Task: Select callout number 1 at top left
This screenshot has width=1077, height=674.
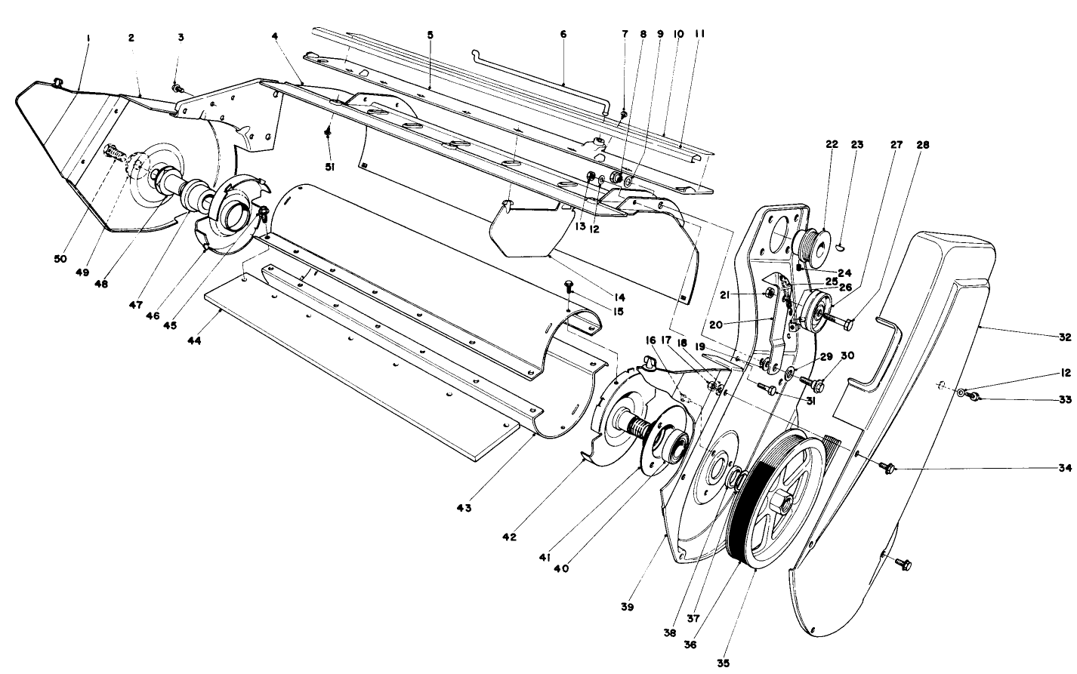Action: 88,37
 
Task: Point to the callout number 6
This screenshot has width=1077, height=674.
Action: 563,34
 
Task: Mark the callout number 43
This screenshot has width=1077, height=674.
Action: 462,508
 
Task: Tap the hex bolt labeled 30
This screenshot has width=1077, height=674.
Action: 819,383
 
